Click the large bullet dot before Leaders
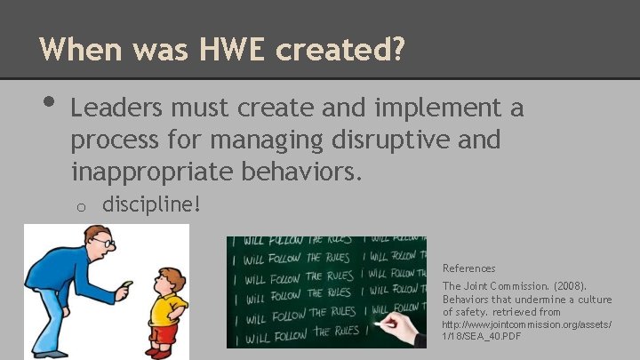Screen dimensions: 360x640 coord(46,105)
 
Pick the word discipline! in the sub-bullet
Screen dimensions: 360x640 coord(152,204)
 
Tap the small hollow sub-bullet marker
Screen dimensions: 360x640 coord(79,206)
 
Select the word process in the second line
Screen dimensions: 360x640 coord(112,140)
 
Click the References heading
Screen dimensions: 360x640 coord(468,268)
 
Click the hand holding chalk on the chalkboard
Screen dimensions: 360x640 coord(404,331)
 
